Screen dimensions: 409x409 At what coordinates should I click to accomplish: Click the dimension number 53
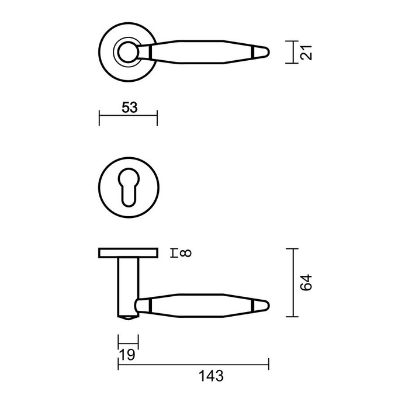tap(129, 107)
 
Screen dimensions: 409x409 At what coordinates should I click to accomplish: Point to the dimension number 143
tap(211, 376)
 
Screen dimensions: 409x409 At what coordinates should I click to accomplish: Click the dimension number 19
tap(128, 355)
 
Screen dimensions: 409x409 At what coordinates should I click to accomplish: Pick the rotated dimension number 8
tap(186, 253)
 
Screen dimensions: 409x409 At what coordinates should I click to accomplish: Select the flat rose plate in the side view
tap(128, 252)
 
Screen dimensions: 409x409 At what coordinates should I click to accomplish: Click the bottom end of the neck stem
tap(128, 317)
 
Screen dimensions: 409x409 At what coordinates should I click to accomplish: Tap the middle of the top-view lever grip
tap(199, 53)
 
